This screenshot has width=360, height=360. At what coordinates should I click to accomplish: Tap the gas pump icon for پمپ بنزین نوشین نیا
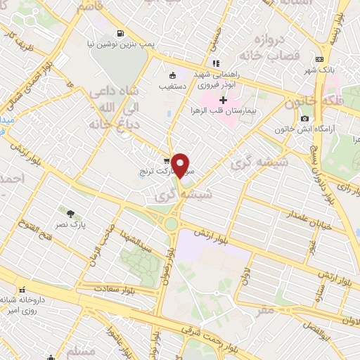tap(121, 32)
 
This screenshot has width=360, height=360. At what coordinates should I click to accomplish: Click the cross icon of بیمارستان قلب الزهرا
tap(224, 101)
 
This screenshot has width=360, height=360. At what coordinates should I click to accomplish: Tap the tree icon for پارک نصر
tap(70, 212)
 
